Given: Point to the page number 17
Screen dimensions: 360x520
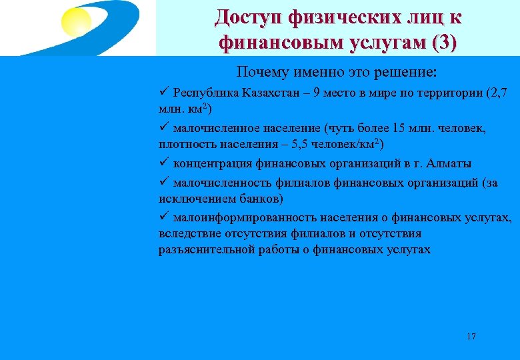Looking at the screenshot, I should (x=471, y=337).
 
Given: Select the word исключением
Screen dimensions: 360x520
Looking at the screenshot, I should (x=190, y=199).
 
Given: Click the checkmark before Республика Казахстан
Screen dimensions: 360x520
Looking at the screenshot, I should (x=164, y=92).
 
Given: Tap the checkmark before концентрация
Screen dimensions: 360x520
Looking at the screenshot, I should (x=164, y=163).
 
